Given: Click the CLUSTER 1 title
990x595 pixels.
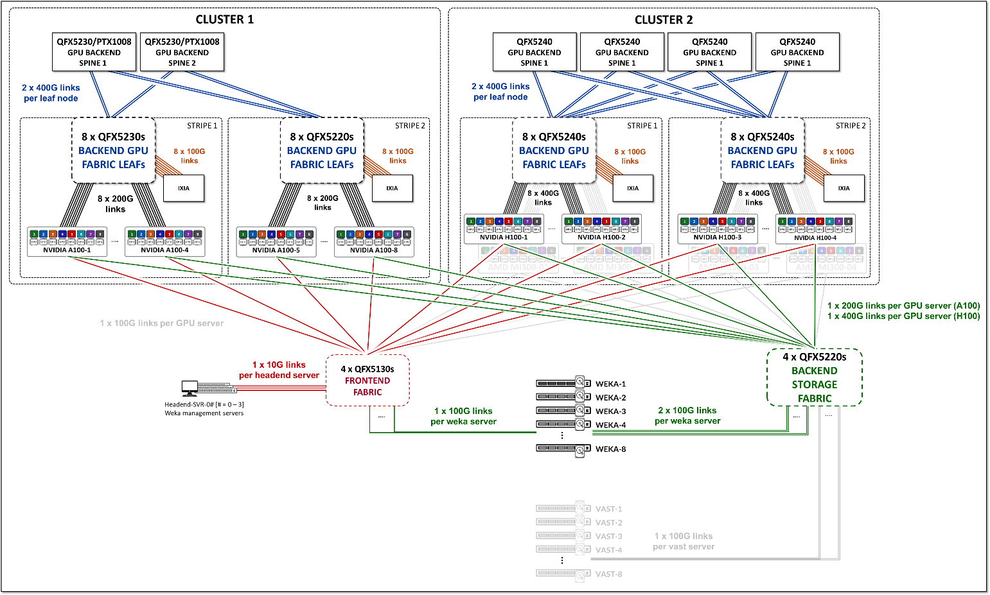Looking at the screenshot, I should click(x=224, y=19).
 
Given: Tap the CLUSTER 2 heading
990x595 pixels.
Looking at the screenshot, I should click(x=664, y=20).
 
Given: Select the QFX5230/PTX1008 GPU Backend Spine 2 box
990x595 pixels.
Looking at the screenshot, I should click(x=182, y=52).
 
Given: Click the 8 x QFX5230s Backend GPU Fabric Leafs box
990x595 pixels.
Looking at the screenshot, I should click(x=113, y=150).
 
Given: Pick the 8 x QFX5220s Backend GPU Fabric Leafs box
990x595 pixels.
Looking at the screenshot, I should click(x=321, y=150).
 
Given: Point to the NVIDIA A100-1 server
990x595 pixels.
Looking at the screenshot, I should click(x=67, y=241).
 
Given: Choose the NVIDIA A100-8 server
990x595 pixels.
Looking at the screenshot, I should click(x=374, y=241).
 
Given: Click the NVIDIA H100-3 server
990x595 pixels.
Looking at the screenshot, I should click(x=717, y=229).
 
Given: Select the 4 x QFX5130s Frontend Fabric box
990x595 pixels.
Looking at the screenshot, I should click(x=367, y=380).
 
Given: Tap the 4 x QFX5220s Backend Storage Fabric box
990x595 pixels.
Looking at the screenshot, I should click(x=814, y=377).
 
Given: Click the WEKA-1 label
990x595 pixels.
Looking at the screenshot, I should click(x=610, y=384).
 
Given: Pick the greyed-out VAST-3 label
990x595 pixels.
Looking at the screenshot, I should click(x=608, y=537).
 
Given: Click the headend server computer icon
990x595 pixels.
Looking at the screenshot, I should click(x=190, y=388).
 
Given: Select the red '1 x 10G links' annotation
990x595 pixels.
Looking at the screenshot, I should click(x=279, y=365).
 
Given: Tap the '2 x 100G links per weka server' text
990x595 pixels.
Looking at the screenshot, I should click(x=687, y=415).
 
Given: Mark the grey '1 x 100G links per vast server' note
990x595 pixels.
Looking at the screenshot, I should click(x=684, y=541).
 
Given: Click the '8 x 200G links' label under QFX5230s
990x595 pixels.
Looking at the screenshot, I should click(x=116, y=203).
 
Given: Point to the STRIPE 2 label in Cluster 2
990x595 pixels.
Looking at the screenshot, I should click(x=850, y=126).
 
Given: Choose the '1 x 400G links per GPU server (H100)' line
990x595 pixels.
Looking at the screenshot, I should click(x=903, y=316).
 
